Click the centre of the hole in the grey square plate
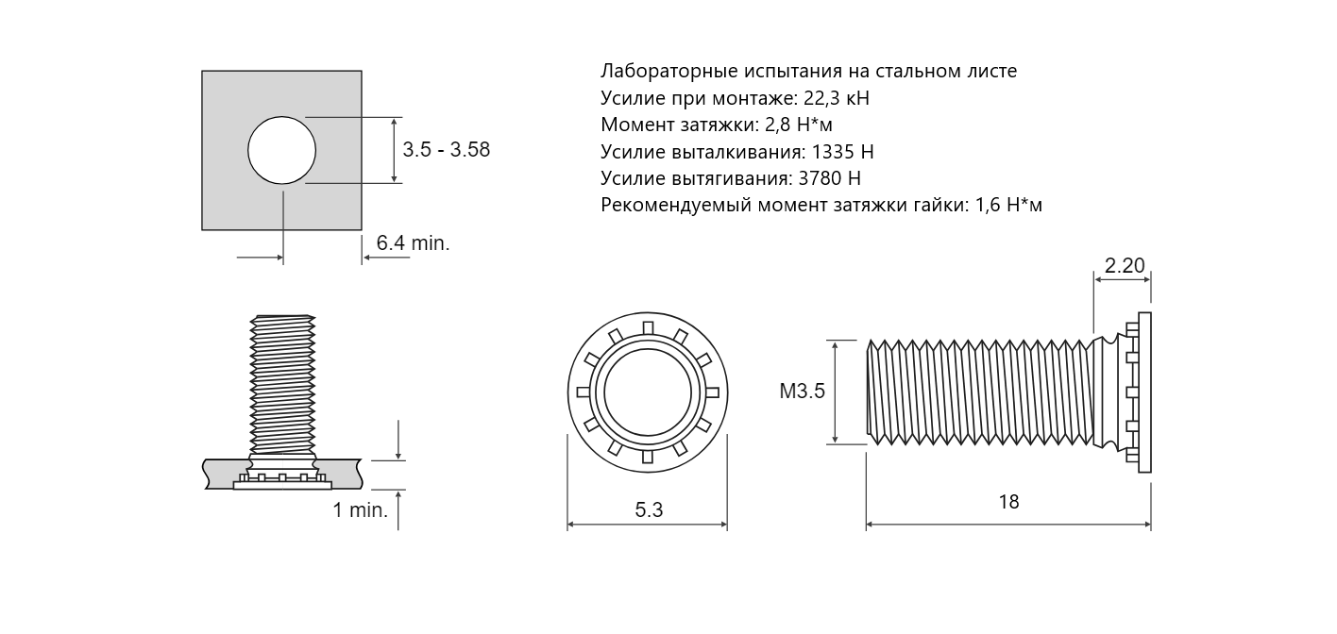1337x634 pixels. click(x=281, y=150)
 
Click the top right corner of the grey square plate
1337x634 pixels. click(x=362, y=71)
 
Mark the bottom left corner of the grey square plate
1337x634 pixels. click(x=202, y=229)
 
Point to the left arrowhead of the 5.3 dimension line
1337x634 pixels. click(x=570, y=525)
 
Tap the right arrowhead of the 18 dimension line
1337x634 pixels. click(x=1147, y=525)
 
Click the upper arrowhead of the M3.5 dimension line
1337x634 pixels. click(x=835, y=344)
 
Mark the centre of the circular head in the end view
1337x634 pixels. click(x=648, y=392)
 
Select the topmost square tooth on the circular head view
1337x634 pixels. click(x=648, y=327)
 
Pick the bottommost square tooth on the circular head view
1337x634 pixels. click(x=648, y=458)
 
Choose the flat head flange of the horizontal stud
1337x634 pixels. click(x=1144, y=392)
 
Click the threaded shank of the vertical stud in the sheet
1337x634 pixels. click(x=282, y=385)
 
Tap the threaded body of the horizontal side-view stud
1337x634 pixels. click(x=980, y=392)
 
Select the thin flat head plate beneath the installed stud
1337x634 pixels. click(x=282, y=486)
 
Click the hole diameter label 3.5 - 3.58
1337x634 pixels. click(x=446, y=150)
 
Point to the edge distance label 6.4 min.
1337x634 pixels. click(x=413, y=243)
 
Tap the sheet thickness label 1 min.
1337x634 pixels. click(x=361, y=510)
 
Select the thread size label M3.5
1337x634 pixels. click(x=803, y=392)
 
